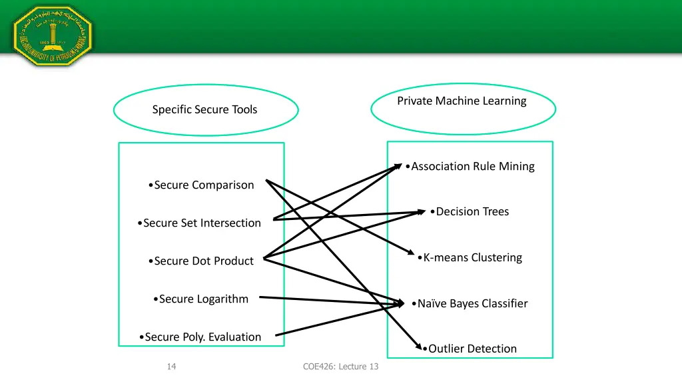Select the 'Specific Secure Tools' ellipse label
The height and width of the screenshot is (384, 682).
pyautogui.click(x=204, y=109)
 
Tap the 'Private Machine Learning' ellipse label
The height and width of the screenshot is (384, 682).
pyautogui.click(x=462, y=101)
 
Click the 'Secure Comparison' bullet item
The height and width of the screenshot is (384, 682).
pyautogui.click(x=203, y=185)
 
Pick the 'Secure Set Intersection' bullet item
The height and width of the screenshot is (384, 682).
pyautogui.click(x=201, y=223)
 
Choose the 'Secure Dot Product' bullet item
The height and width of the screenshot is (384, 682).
pyautogui.click(x=202, y=261)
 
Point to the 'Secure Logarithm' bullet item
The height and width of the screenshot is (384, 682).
pyautogui.click(x=203, y=299)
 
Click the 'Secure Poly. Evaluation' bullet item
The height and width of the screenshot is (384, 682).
pyautogui.click(x=202, y=337)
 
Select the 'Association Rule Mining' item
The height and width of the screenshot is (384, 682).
pyautogui.click(x=472, y=166)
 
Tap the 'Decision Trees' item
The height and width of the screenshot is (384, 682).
pyautogui.click(x=472, y=211)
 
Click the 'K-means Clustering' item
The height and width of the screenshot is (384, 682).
pyautogui.click(x=472, y=257)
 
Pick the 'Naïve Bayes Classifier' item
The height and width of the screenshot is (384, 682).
pyautogui.click(x=472, y=303)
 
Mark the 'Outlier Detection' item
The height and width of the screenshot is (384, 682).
pyautogui.click(x=472, y=348)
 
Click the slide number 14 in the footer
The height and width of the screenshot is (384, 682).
pyautogui.click(x=171, y=366)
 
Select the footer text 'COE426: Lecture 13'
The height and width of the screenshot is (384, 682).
pyautogui.click(x=340, y=366)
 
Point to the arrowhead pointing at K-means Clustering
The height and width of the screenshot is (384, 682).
pyautogui.click(x=412, y=255)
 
